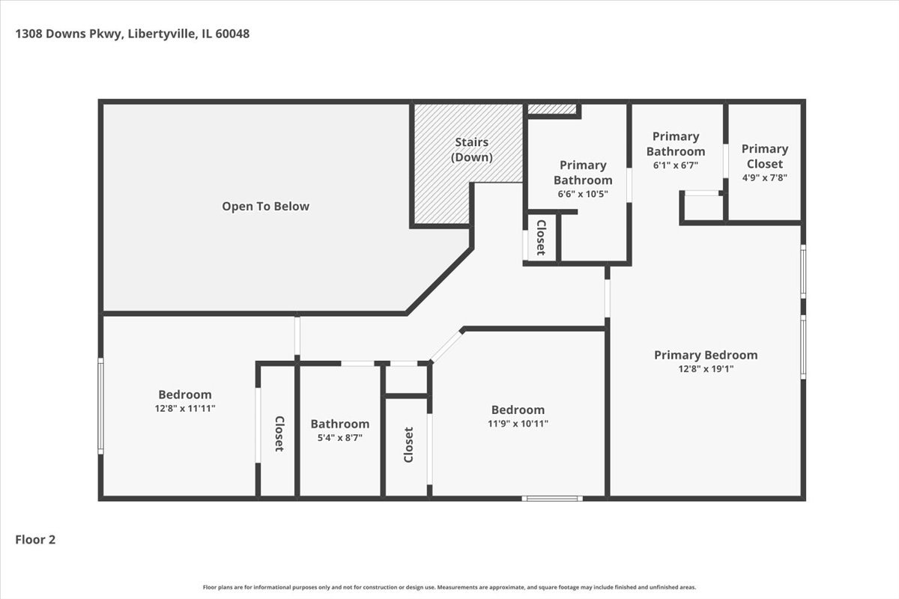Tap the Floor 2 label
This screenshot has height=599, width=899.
coord(36,539)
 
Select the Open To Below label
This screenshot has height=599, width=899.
coord(265,206)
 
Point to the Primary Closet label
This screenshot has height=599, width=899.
coord(765,156)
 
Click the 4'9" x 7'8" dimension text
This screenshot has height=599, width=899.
coord(764,177)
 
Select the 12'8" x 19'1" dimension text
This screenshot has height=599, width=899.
coord(705,368)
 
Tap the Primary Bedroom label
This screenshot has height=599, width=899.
coord(705,355)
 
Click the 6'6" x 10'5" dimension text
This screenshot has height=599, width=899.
coord(582,194)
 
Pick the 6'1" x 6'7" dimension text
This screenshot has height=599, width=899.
coord(675,165)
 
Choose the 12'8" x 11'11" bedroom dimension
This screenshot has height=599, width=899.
coord(184,408)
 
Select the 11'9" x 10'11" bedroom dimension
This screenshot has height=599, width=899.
coord(517,423)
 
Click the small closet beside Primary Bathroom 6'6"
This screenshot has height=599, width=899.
coord(541,237)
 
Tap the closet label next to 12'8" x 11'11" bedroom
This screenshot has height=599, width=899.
coord(278,434)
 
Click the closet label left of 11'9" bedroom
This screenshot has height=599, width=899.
coord(408,445)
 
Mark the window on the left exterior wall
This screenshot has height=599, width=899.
coord(100,405)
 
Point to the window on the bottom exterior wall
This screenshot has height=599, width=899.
coord(552,498)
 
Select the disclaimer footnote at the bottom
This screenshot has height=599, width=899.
coord(449,587)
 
